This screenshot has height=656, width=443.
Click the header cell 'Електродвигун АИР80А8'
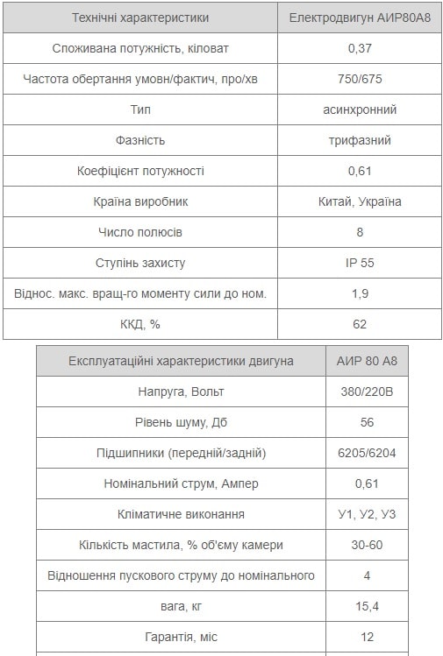(359, 18)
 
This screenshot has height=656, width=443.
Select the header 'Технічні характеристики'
(140, 18)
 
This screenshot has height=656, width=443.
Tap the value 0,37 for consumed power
(359, 48)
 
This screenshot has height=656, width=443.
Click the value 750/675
(359, 79)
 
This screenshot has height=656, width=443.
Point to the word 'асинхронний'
(359, 109)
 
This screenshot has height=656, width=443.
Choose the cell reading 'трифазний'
(359, 140)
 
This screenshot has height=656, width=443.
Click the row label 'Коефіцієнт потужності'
(140, 171)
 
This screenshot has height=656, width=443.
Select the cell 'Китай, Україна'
(359, 201)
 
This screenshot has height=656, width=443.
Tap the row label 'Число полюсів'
(140, 232)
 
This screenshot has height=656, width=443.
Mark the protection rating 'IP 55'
(359, 263)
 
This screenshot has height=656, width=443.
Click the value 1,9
(359, 293)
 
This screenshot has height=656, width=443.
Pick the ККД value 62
(359, 324)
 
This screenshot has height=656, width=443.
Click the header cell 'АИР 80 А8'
(367, 361)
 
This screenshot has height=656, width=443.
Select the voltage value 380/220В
(367, 391)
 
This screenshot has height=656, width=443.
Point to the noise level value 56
(367, 422)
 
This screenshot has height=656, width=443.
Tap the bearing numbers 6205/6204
(367, 453)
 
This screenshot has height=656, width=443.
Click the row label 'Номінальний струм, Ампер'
(181, 483)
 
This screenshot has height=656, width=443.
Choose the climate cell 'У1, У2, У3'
(367, 514)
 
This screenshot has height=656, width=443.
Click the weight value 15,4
(367, 606)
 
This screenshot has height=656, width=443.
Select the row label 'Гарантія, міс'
(181, 637)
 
